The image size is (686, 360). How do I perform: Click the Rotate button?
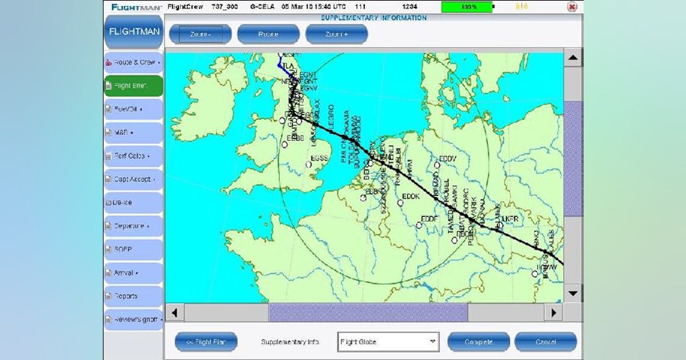coord(268,34)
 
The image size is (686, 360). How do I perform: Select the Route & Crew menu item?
coord(133,62)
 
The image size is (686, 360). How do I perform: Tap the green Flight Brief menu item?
coord(133,86)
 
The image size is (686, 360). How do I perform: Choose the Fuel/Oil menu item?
coord(133,109)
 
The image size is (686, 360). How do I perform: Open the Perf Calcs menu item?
coord(133,156)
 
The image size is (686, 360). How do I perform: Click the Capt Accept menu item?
coord(133,179)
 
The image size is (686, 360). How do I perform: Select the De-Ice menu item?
coord(133,203)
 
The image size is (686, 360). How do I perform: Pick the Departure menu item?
coord(133,226)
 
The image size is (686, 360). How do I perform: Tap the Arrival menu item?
coord(133,273)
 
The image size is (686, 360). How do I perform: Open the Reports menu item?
coord(133,297)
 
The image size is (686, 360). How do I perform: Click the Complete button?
coord(478,342)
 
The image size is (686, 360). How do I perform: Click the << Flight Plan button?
coord(206,342)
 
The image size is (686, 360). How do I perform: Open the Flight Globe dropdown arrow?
coord(432,342)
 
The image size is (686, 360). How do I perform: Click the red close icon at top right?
coord(572,7)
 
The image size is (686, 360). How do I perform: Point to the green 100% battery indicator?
coord(466,7)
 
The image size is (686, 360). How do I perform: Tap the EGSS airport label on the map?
coord(318,158)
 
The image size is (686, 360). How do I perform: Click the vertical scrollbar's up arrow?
coord(573,57)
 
